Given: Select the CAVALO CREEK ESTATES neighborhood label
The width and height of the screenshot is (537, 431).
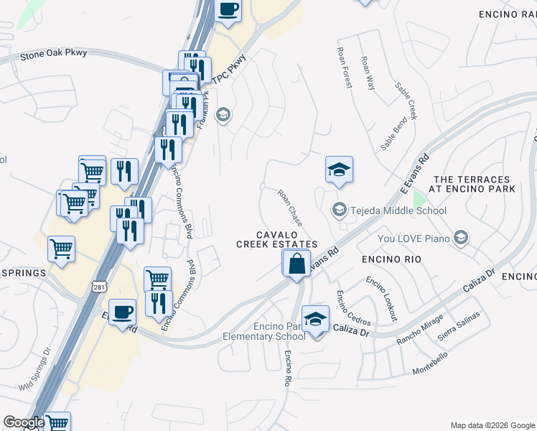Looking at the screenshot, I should (x=277, y=240).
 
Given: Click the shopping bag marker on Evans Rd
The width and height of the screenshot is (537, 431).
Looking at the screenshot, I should (x=296, y=264).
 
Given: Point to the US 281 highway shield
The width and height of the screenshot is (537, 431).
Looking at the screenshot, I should (x=99, y=287).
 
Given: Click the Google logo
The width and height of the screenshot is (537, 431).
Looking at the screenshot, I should (x=24, y=422).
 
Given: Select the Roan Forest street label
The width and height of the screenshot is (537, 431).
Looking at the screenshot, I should (x=345, y=68).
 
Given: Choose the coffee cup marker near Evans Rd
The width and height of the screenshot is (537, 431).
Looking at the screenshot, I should (x=123, y=312).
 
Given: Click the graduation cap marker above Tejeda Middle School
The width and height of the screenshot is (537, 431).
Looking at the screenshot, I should (x=340, y=170).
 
